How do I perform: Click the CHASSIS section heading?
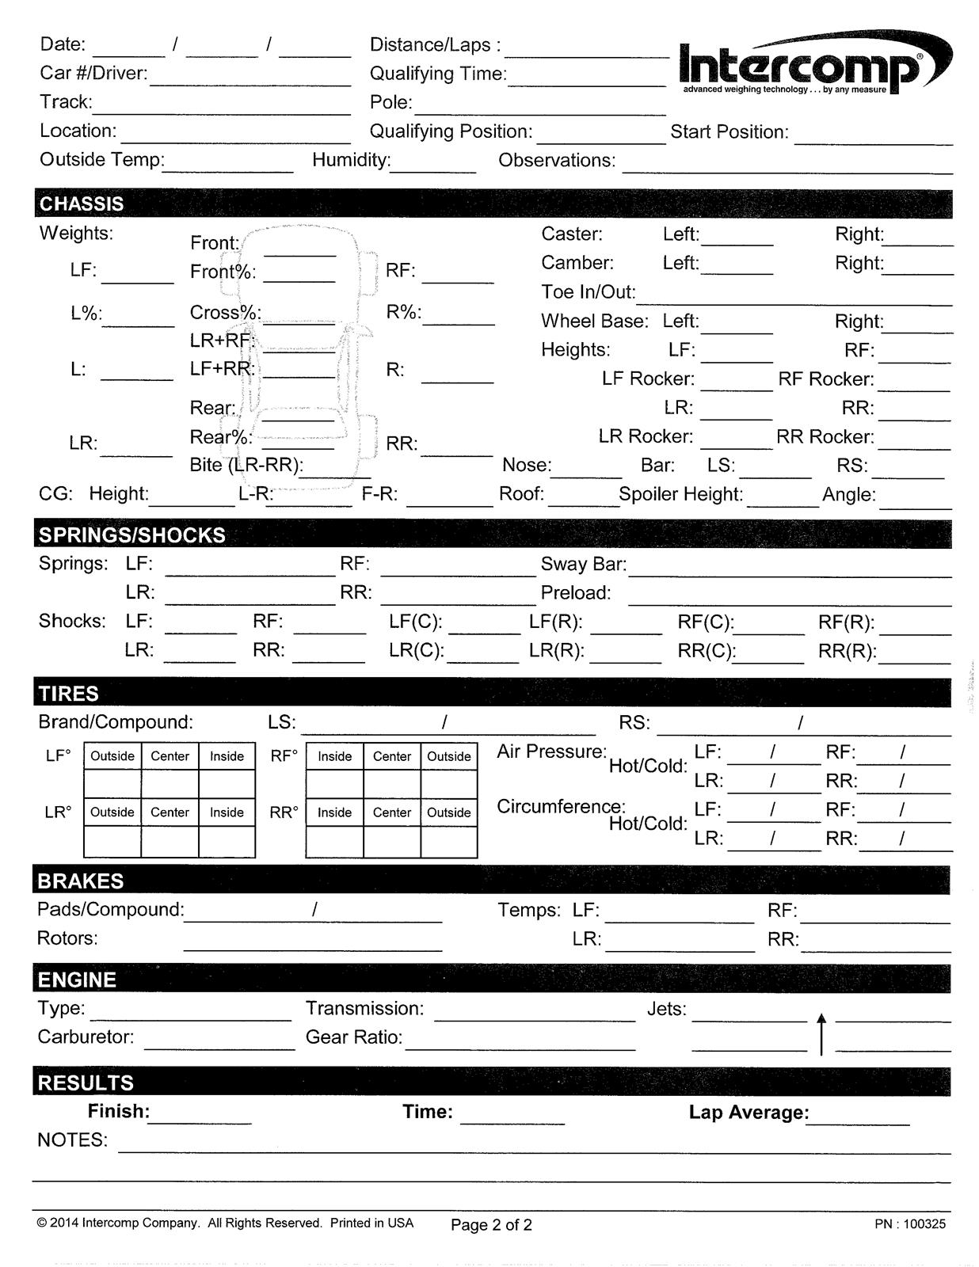pos(82,204)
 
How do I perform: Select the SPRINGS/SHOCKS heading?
pos(132,535)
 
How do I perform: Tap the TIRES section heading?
pos(69,694)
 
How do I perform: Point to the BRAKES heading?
pos(81,881)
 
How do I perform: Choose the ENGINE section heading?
pos(77,980)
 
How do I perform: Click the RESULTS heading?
pos(86,1082)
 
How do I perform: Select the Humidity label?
pos(351,160)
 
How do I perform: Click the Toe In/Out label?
pos(589,292)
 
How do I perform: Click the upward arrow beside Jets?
pos(821,1033)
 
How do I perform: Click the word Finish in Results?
pos(119,1112)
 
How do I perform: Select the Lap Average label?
pos(749,1113)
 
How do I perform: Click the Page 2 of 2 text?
pos(491,1225)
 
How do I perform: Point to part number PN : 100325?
pos(910,1223)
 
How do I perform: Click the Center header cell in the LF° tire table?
pos(170,756)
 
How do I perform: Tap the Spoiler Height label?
pos(680,495)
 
